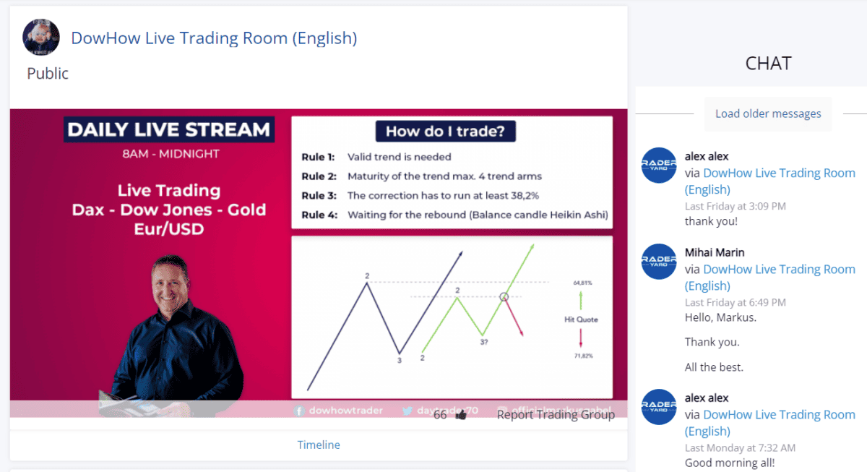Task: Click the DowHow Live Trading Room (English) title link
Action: click(214, 38)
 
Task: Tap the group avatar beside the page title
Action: click(41, 37)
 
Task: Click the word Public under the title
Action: click(48, 74)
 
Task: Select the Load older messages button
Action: click(768, 113)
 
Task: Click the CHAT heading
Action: click(768, 64)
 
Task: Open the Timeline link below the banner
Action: click(319, 445)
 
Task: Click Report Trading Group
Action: click(556, 414)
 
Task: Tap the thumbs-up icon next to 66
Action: click(461, 415)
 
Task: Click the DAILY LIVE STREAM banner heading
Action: click(168, 130)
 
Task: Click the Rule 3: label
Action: click(319, 195)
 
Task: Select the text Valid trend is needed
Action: click(400, 157)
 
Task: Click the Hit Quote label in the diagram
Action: click(582, 319)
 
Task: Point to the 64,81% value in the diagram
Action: click(582, 283)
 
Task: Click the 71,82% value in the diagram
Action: click(582, 356)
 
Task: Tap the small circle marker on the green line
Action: click(504, 296)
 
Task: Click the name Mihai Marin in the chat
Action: click(715, 252)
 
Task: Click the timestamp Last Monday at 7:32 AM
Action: click(740, 448)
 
